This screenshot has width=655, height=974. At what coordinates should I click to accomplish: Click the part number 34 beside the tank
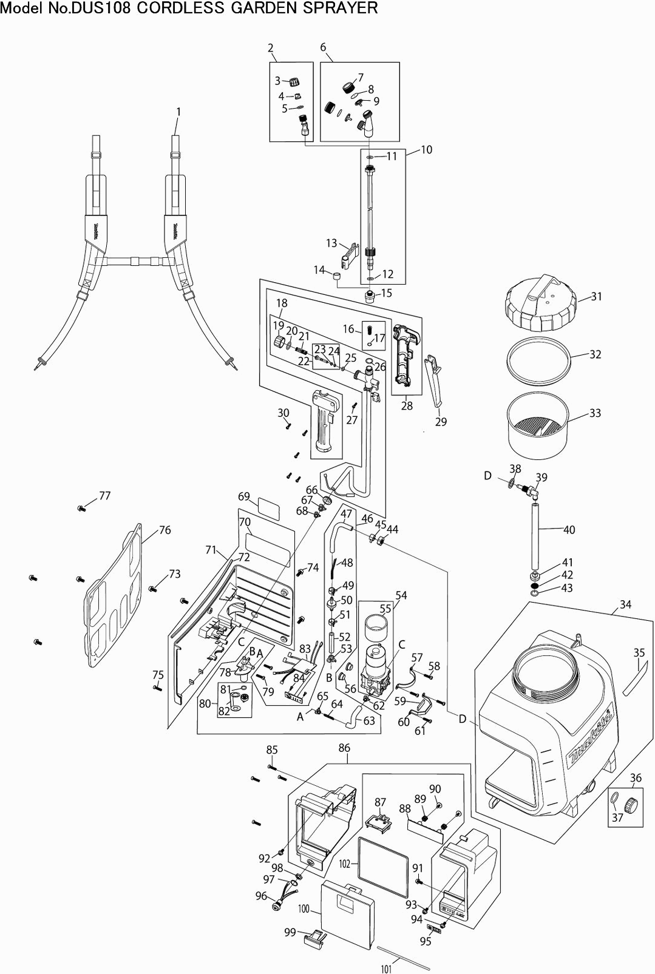click(625, 604)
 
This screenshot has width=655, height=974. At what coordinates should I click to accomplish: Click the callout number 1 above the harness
click(178, 112)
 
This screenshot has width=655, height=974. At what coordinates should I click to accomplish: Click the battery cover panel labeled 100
click(347, 913)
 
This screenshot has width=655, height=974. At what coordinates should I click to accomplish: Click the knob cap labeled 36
click(629, 805)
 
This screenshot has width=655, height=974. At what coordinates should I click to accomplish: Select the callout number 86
click(344, 748)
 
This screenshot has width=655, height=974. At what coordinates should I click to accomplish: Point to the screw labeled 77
click(81, 508)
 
